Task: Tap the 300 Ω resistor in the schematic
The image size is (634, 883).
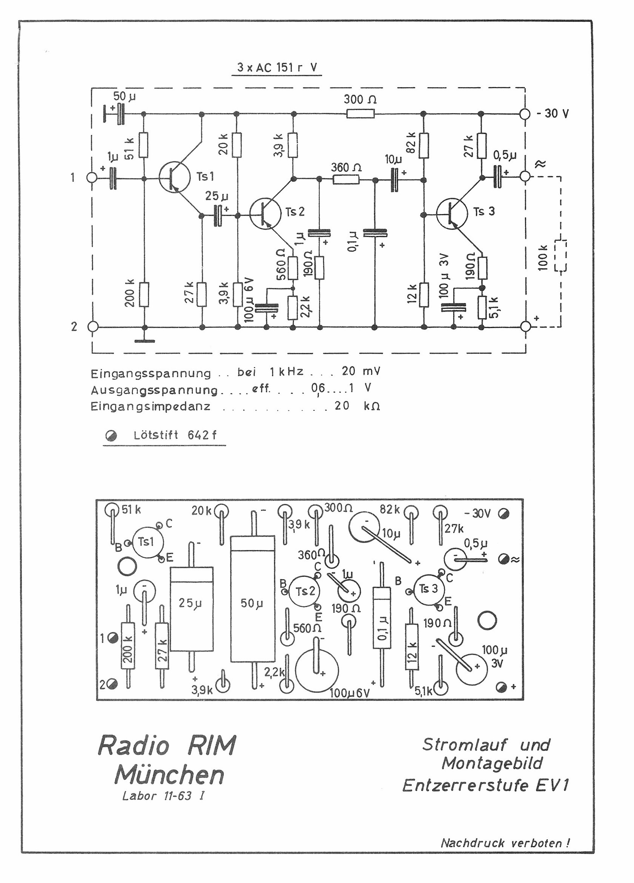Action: (360, 114)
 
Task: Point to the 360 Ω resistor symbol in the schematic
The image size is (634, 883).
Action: (346, 179)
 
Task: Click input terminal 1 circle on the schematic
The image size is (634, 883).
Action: (92, 178)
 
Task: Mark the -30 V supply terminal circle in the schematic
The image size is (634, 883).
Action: (525, 114)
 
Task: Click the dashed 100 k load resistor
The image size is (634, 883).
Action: (561, 255)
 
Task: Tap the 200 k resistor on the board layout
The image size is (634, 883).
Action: (128, 646)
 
